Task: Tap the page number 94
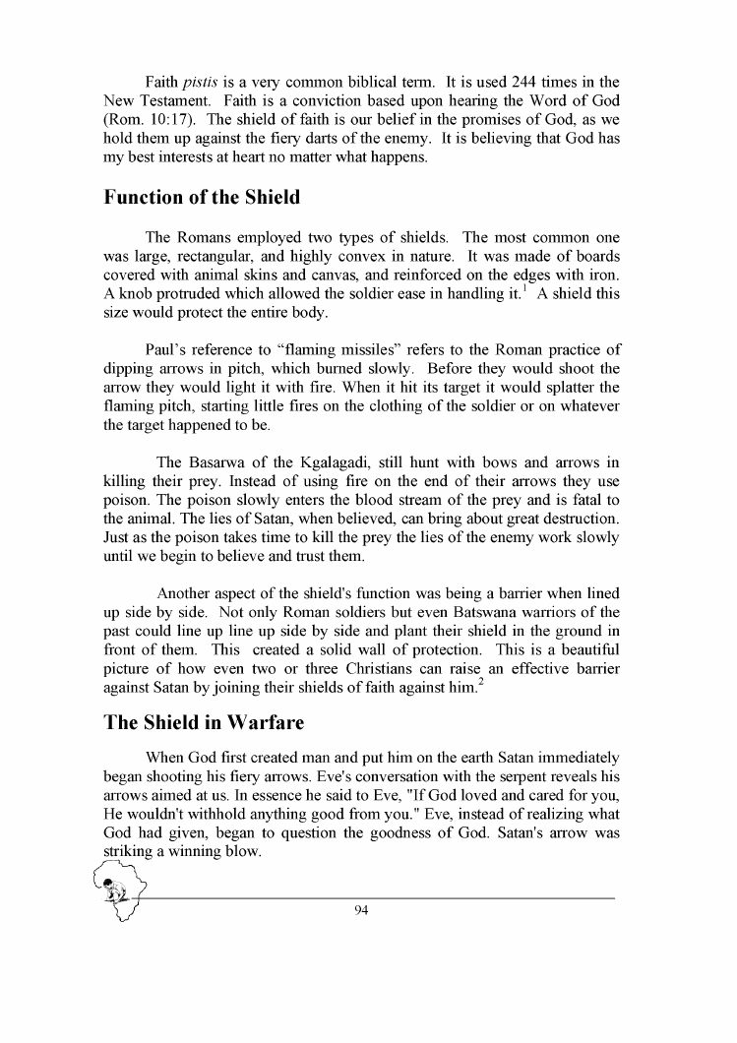coord(360,909)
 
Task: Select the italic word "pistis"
coord(198,80)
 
